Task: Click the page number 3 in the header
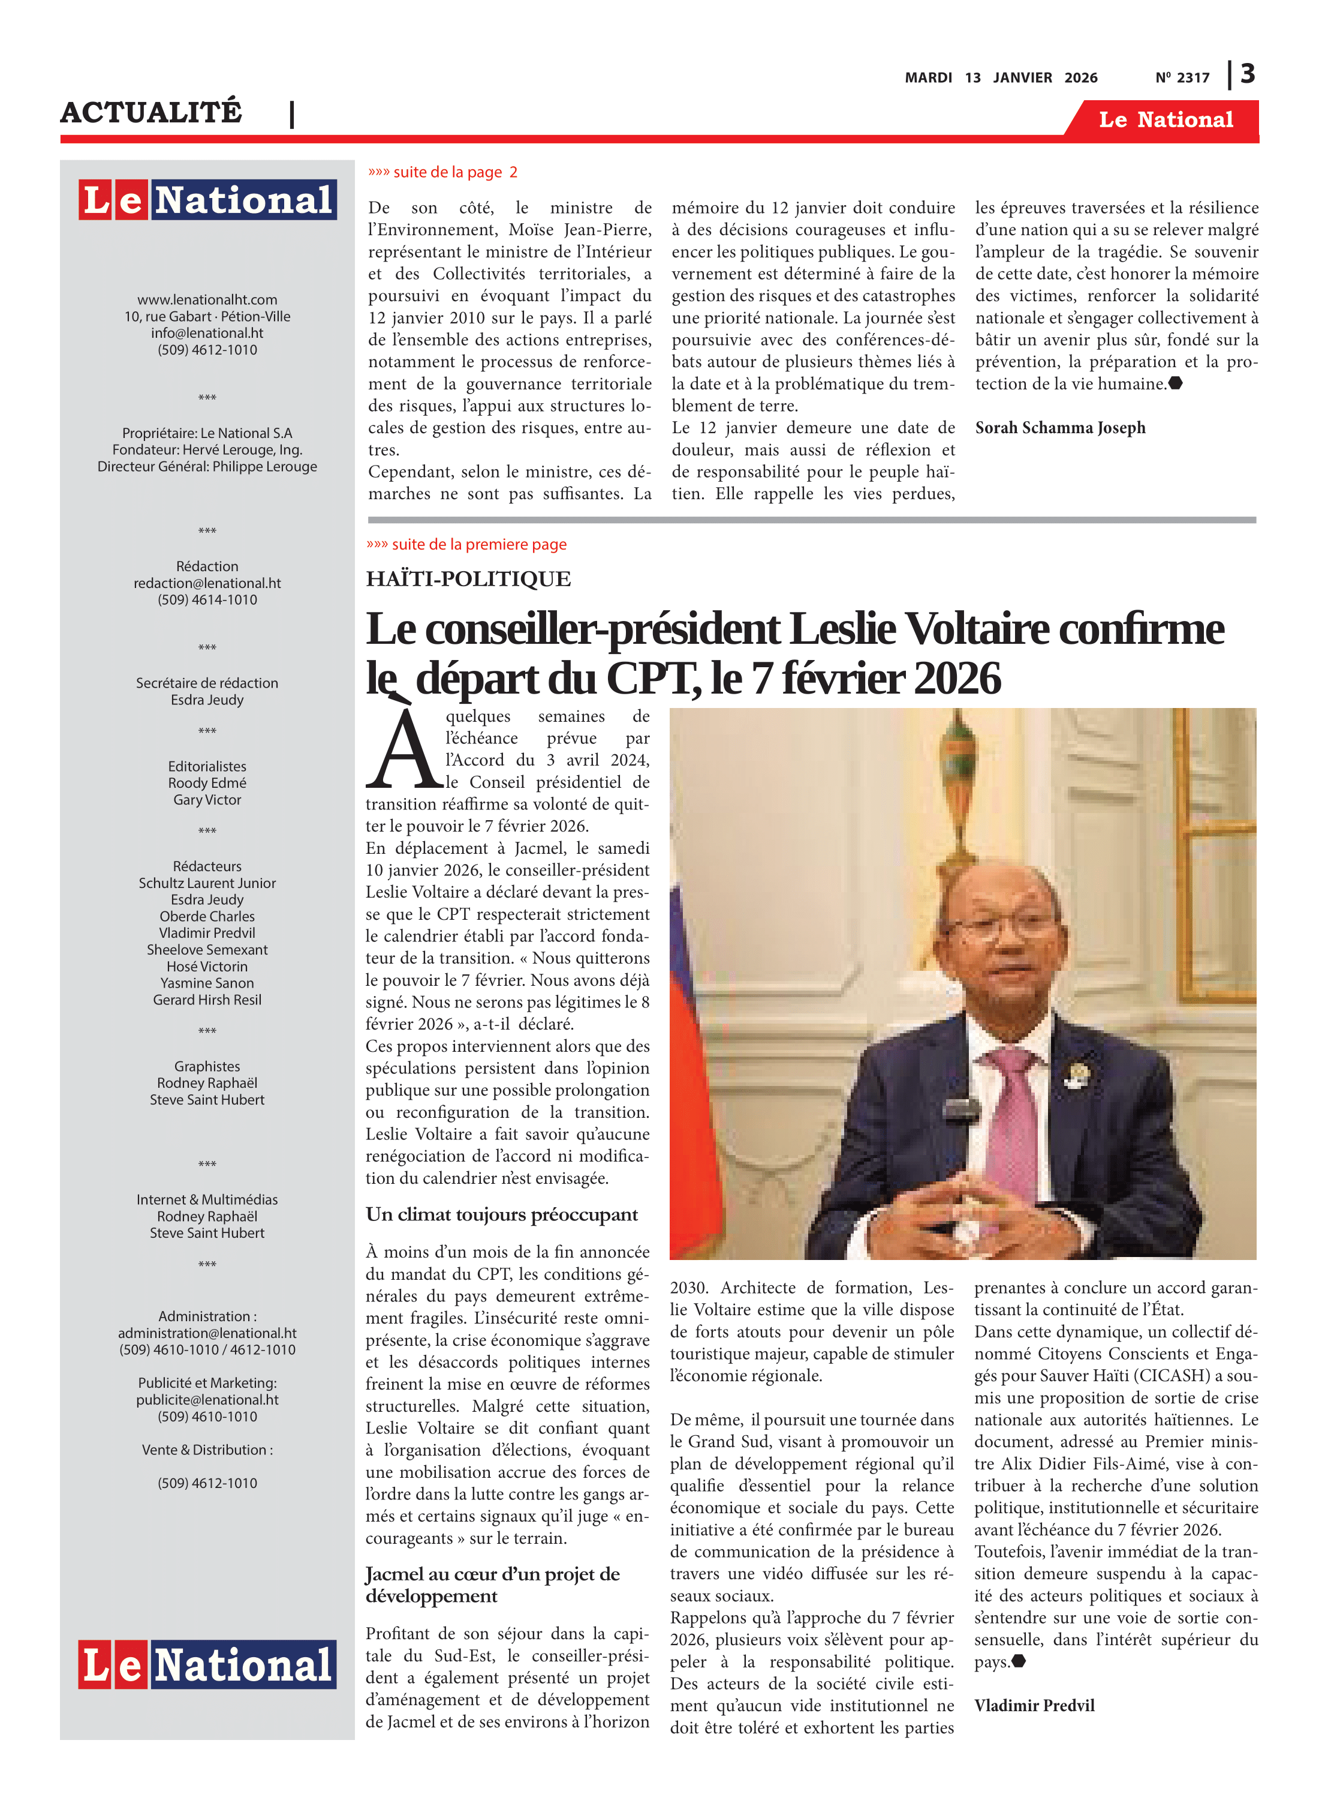coord(1247,74)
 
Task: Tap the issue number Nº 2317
coord(1182,77)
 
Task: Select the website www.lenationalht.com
coord(207,299)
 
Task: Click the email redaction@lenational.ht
coord(207,583)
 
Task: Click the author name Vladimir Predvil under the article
coord(1034,1706)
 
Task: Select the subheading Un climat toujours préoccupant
coord(501,1214)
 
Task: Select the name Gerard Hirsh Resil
coord(207,1000)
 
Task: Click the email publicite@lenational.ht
coord(207,1400)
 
